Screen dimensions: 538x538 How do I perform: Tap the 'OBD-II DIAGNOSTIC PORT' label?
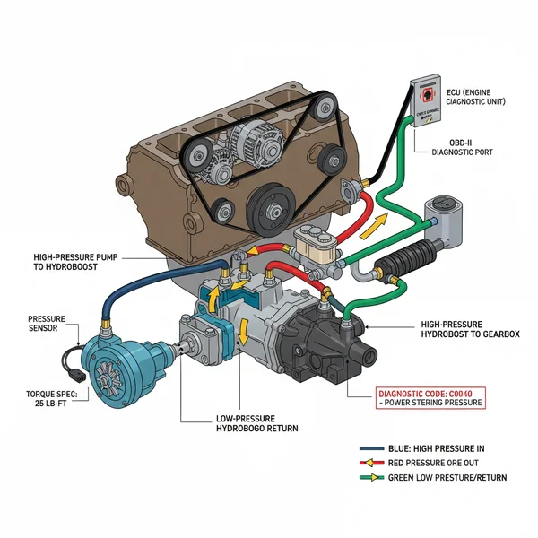[x=485, y=147]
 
